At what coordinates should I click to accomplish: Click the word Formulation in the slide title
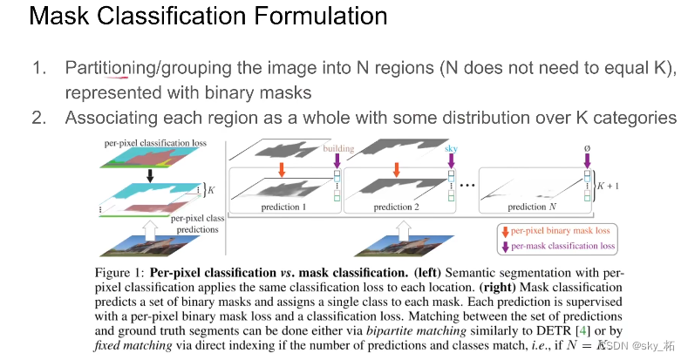pyautogui.click(x=320, y=16)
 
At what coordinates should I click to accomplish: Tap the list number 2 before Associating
pyautogui.click(x=39, y=118)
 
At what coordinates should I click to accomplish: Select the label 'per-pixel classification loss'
pyautogui.click(x=155, y=143)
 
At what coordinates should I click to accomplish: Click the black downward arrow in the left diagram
pyautogui.click(x=150, y=176)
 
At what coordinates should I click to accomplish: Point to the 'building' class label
pyautogui.click(x=338, y=148)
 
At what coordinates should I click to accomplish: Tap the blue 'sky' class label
pyautogui.click(x=451, y=148)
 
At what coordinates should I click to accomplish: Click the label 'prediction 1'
pyautogui.click(x=283, y=207)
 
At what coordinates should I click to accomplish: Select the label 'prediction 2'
pyautogui.click(x=396, y=207)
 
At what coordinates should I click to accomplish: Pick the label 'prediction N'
pyautogui.click(x=532, y=207)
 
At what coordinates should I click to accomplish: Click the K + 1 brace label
pyautogui.click(x=608, y=186)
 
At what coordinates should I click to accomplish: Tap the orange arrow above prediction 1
pyautogui.click(x=282, y=170)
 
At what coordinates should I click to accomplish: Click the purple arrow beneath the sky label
pyautogui.click(x=451, y=161)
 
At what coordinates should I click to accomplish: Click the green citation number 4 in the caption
pyautogui.click(x=582, y=330)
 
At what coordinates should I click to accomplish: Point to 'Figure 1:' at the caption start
pyautogui.click(x=119, y=273)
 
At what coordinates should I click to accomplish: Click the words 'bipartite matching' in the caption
pyautogui.click(x=416, y=331)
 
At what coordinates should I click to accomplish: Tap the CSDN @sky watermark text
pyautogui.click(x=637, y=345)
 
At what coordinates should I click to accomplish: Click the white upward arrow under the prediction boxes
pyautogui.click(x=404, y=231)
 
